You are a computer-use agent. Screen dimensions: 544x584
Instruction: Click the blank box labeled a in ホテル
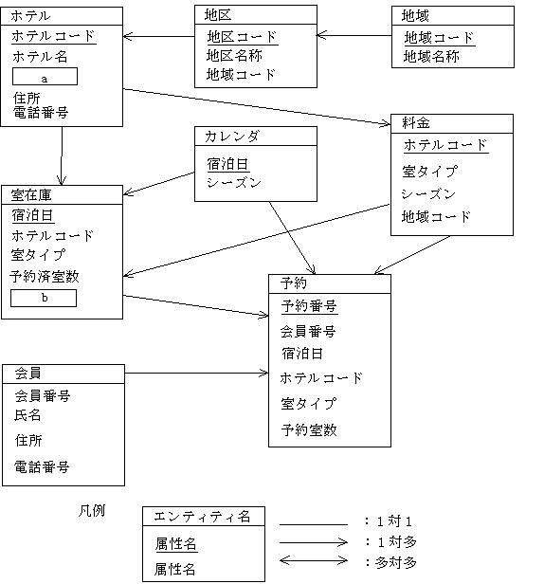[x=45, y=77]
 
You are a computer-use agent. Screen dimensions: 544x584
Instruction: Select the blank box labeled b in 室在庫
[x=44, y=298]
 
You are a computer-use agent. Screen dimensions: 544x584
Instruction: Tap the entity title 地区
[x=218, y=15]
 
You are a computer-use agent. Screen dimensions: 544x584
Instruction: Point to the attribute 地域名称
[x=431, y=57]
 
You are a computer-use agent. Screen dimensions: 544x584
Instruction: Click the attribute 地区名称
[x=234, y=56]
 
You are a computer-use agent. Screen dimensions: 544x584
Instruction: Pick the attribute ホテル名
[x=40, y=57]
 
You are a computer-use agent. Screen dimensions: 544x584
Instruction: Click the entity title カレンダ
[x=231, y=137]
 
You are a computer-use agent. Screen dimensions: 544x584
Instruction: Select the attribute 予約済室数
[x=45, y=277]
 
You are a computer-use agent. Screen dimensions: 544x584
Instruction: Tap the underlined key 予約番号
[x=309, y=306]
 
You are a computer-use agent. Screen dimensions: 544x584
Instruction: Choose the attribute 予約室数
[x=309, y=430]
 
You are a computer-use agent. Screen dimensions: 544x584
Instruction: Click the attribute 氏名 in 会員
[x=27, y=415]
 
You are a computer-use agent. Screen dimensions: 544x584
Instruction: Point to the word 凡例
[x=92, y=510]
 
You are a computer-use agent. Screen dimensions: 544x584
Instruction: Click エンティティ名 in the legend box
[x=202, y=517]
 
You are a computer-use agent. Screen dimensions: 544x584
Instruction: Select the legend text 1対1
[x=394, y=521]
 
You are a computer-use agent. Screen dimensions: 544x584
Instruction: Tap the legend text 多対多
[x=396, y=562]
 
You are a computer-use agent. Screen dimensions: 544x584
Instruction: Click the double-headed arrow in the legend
[x=314, y=560]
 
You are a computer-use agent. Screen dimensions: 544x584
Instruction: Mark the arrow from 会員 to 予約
[x=196, y=373]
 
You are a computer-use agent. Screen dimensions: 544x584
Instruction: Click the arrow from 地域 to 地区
[x=354, y=35]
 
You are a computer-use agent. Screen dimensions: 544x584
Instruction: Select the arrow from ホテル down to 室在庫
[x=62, y=155]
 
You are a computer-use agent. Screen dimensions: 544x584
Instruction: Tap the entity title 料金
[x=416, y=123]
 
